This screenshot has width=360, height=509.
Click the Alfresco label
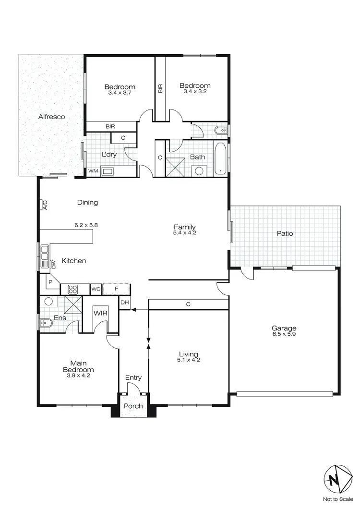(52, 117)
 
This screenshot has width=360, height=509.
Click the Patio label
(285, 234)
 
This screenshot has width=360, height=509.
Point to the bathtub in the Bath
(221, 158)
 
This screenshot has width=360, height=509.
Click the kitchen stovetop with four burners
(74, 289)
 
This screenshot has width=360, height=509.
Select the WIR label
(100, 313)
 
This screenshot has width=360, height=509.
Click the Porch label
(133, 406)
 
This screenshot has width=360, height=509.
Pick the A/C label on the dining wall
(45, 205)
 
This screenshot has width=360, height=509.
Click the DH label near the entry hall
(125, 303)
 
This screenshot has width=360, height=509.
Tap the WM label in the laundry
(92, 171)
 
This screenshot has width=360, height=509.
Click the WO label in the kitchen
(96, 289)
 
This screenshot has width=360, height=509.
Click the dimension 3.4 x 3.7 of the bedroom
(120, 93)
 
